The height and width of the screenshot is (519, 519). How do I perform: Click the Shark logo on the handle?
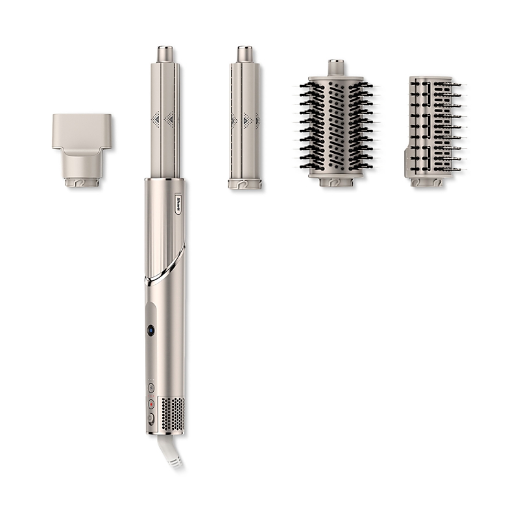tap(178, 204)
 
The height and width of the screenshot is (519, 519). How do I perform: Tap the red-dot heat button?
tap(151, 404)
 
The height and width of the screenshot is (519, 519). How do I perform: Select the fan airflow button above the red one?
tap(151, 387)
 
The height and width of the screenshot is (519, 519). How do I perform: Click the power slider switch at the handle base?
tap(151, 418)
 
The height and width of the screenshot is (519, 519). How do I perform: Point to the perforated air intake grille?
tap(172, 412)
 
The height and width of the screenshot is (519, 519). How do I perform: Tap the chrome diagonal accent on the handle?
tap(165, 265)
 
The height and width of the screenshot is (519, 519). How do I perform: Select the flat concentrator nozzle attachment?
tap(82, 151)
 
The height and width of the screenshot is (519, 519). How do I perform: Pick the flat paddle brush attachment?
tap(435, 132)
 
